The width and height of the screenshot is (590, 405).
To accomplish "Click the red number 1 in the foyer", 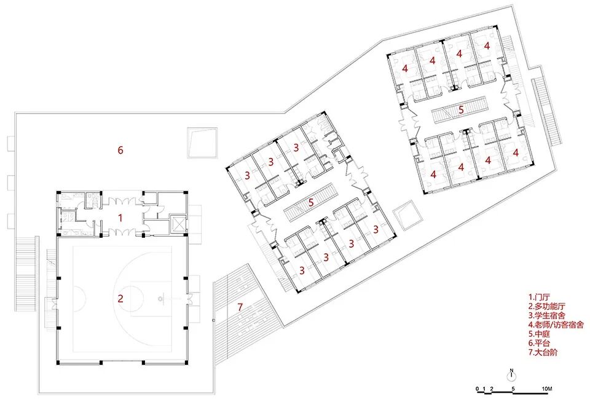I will [x=120, y=218].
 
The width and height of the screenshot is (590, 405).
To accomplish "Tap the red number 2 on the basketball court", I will [x=120, y=299].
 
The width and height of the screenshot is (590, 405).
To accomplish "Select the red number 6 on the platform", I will [x=120, y=150].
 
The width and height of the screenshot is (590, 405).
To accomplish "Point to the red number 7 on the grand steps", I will [x=240, y=307].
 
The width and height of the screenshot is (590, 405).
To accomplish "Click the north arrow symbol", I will [x=511, y=374].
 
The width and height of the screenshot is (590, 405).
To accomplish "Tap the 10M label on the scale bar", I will [x=548, y=390].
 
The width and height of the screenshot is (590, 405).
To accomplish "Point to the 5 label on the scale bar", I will [x=513, y=390].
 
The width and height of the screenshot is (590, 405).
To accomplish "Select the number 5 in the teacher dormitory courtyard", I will [x=461, y=111].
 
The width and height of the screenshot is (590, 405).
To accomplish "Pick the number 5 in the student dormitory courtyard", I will [x=312, y=202].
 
